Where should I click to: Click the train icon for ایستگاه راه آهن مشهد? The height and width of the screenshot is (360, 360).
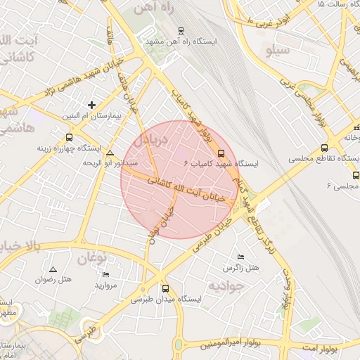coord(181,31)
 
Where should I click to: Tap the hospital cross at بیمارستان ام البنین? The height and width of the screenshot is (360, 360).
coord(91,105)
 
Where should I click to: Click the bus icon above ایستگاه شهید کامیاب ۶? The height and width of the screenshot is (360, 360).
coord(221,153)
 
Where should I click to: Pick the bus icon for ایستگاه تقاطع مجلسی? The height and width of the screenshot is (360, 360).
coord(324,148)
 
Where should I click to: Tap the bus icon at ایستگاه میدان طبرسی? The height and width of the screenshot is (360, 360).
coord(166,288)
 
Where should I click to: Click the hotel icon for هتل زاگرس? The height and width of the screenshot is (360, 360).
coord(241,257)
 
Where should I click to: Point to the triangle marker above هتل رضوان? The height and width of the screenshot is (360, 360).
coord(53,269)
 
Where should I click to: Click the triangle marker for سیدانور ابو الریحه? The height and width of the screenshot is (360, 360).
coord(110,153)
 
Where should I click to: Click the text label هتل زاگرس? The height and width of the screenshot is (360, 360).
coord(241,269)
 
